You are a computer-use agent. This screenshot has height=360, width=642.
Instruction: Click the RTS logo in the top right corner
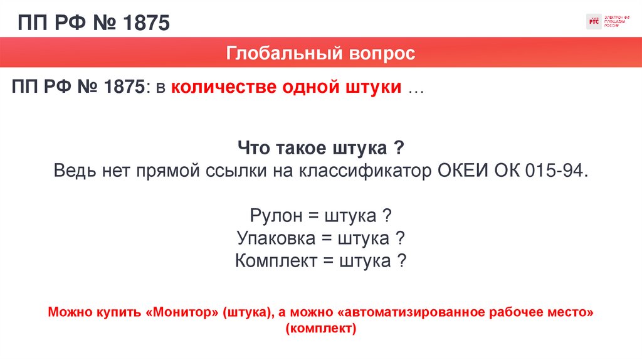pyautogui.click(x=593, y=21)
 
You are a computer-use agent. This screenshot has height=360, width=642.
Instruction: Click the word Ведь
pyautogui.click(x=75, y=171)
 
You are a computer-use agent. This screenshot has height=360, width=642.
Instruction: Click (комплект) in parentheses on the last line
pyautogui.click(x=320, y=328)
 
